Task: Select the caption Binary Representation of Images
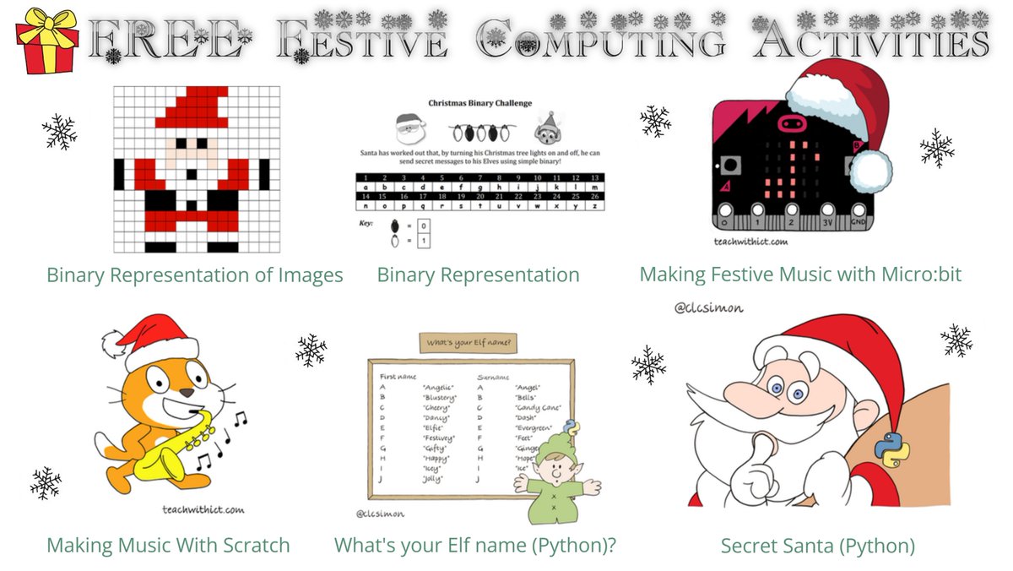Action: pos(195,275)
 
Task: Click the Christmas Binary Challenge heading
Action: pos(479,103)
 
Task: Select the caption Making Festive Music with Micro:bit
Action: pos(800,275)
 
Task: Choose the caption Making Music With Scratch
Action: pos(168,546)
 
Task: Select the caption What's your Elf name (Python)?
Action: pos(475,546)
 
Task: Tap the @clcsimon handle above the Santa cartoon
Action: pos(709,308)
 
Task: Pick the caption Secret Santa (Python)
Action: pos(817,546)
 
